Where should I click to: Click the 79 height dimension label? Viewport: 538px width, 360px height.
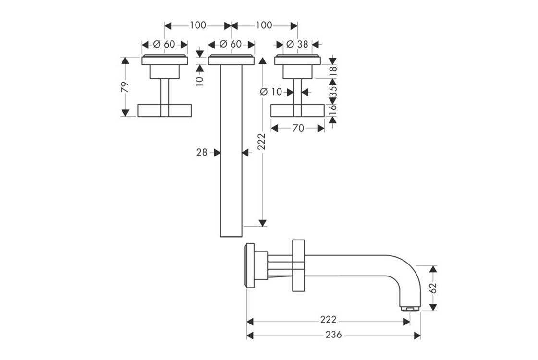pyautogui.click(x=125, y=86)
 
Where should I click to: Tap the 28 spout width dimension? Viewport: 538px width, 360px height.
pyautogui.click(x=202, y=153)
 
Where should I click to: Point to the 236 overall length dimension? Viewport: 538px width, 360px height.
pyautogui.click(x=333, y=335)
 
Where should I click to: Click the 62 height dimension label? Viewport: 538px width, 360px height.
pyautogui.click(x=434, y=288)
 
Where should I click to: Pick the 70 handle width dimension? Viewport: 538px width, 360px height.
pyautogui.click(x=298, y=128)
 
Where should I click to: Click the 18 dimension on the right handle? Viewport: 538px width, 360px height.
pyautogui.click(x=333, y=71)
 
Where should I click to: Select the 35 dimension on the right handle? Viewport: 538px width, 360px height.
pyautogui.click(x=333, y=91)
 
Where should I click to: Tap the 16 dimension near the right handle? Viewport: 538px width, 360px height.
pyautogui.click(x=333, y=110)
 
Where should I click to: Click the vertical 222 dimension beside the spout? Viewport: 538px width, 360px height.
pyautogui.click(x=262, y=142)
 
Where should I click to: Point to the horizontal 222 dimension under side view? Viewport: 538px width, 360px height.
pyautogui.click(x=328, y=320)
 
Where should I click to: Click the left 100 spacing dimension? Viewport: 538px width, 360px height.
pyautogui.click(x=197, y=25)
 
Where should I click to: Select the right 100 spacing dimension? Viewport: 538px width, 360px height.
pyautogui.click(x=264, y=25)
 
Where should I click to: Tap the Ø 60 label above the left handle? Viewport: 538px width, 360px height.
pyautogui.click(x=164, y=44)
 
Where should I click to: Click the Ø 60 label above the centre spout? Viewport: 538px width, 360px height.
pyautogui.click(x=231, y=44)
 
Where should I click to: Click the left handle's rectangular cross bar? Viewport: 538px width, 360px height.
pyautogui.click(x=165, y=110)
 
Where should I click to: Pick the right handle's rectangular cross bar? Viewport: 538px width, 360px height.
pyautogui.click(x=298, y=110)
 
